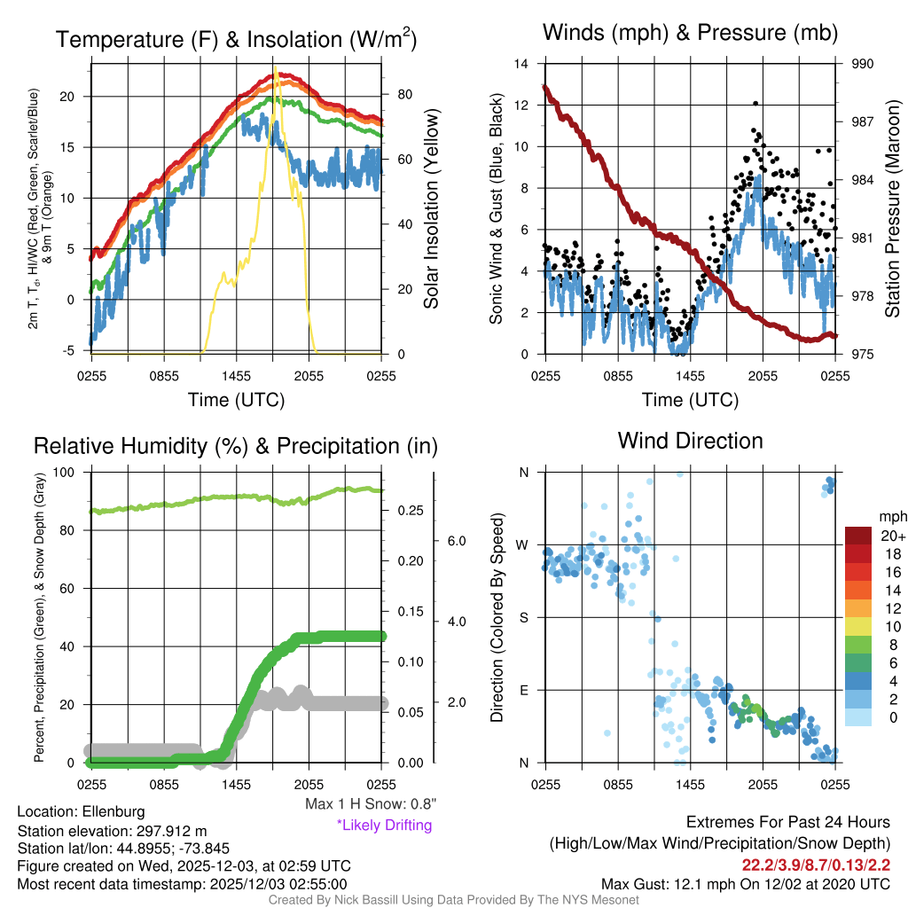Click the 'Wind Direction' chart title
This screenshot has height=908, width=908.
(690, 441)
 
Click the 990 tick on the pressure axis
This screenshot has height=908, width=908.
(863, 64)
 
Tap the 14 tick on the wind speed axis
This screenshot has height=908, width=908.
(521, 64)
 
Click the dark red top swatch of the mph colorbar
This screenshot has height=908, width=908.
(859, 536)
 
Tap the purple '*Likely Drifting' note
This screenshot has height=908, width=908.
(384, 825)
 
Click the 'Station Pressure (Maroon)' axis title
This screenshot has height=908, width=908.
(893, 208)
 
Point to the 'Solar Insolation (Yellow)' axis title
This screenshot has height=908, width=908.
(432, 208)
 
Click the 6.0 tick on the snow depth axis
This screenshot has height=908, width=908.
(453, 540)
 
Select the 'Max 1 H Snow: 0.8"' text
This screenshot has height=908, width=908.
(370, 804)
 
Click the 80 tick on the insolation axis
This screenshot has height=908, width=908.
(402, 94)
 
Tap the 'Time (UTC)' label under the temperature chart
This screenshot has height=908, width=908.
(236, 400)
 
